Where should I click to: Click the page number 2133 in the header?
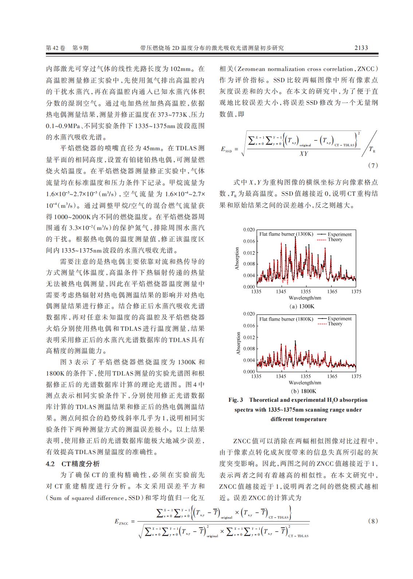(x=361, y=48)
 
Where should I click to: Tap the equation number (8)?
(x=373, y=521)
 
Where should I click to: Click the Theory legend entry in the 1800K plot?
(x=335, y=324)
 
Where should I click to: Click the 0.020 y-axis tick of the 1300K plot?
(x=249, y=230)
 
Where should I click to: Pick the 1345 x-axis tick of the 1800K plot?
(x=281, y=376)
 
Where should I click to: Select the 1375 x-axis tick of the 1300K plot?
(x=356, y=292)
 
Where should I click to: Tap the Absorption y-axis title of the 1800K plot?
(x=239, y=343)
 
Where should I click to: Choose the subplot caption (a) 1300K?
(x=302, y=306)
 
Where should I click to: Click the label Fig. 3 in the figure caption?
(x=236, y=400)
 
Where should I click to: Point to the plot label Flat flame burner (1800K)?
(x=286, y=319)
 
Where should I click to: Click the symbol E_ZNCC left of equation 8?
(x=121, y=522)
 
